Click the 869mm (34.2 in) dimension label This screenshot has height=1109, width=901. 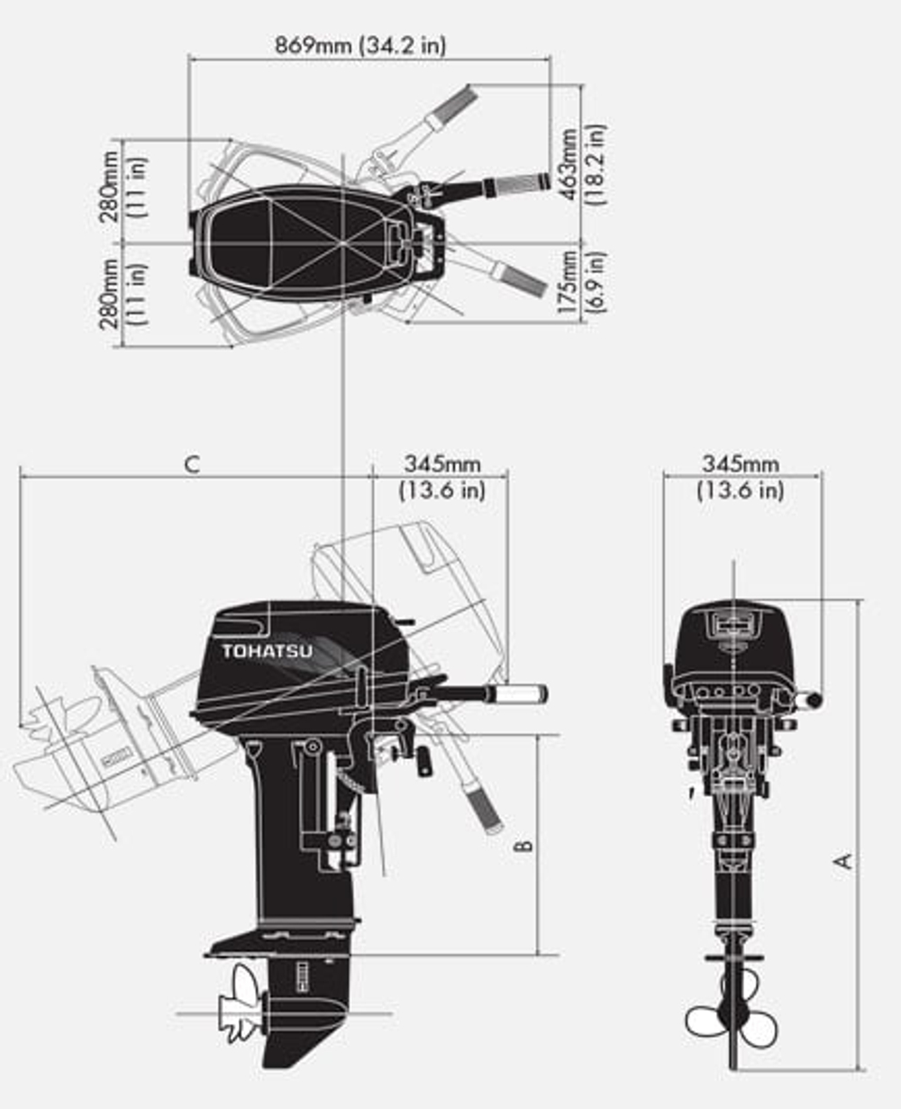359,44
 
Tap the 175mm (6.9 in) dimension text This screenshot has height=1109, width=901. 583,282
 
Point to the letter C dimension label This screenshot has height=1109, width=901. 191,464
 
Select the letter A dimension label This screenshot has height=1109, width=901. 844,861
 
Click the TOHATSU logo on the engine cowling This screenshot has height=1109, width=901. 268,650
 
